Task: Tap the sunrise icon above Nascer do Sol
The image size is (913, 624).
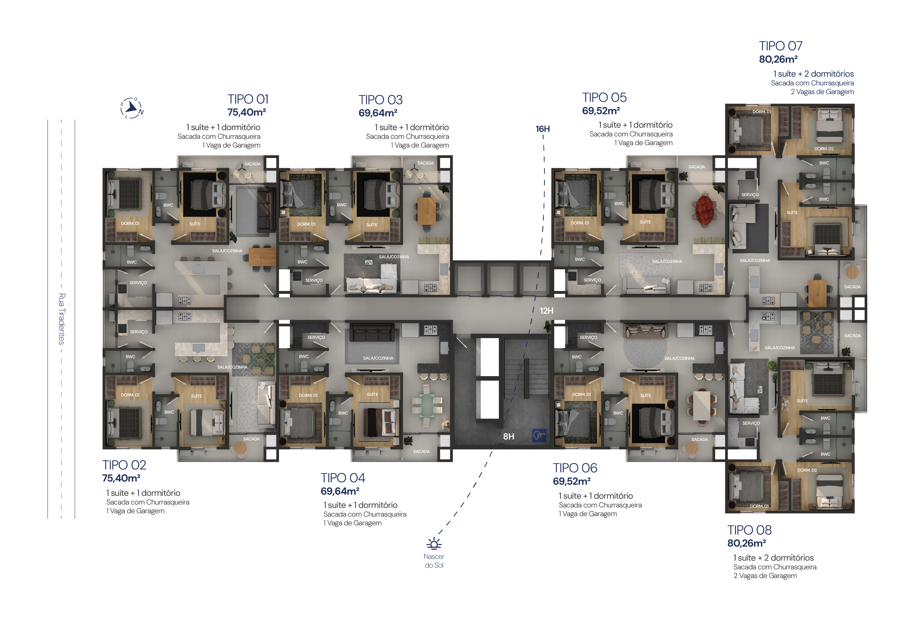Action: coord(434,543)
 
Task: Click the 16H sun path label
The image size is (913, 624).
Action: coord(543,129)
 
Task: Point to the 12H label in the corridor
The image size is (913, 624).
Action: coord(546,311)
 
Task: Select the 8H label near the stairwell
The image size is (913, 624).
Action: coord(509,436)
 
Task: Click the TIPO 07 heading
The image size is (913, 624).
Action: coord(781,46)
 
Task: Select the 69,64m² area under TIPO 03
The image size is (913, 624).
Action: coord(378,113)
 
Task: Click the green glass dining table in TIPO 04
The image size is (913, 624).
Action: coord(427,405)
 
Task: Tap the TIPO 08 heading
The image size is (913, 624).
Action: coord(749,530)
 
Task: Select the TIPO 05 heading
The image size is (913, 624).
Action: coord(604,97)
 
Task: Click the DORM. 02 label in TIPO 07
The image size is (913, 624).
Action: coord(824,149)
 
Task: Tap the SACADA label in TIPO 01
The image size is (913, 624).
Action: coord(252,164)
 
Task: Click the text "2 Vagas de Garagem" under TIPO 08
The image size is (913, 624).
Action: coord(765,576)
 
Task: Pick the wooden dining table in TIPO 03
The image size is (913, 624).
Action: coord(426,211)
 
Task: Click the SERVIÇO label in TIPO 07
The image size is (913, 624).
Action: coord(750,195)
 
